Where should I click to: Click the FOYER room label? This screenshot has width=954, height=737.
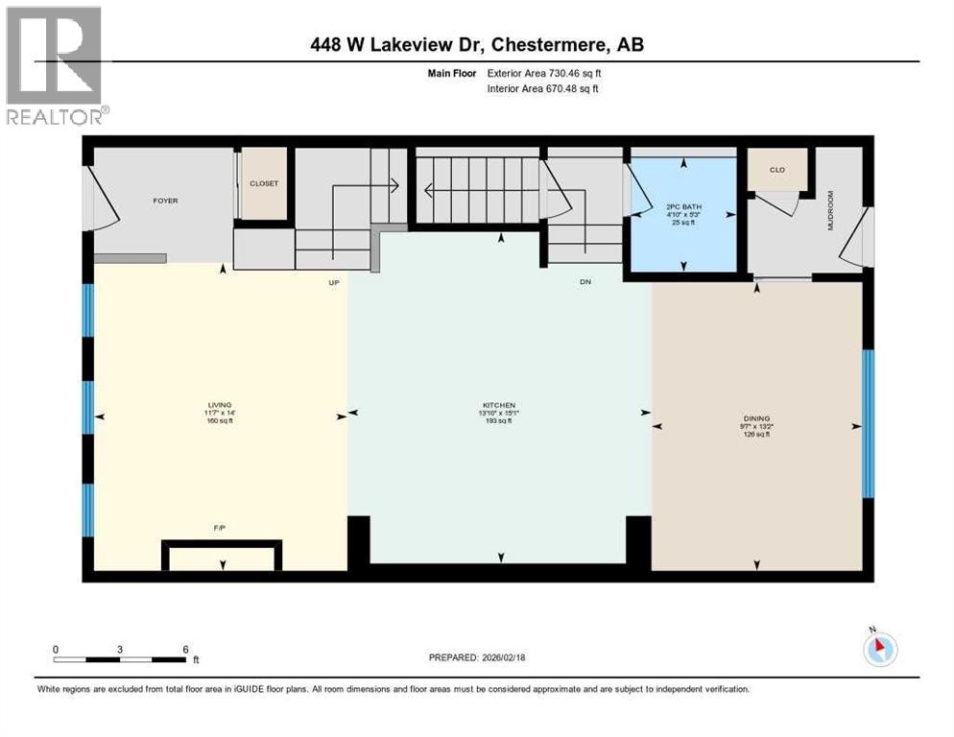165,201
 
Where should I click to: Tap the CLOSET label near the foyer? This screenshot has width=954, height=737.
263,182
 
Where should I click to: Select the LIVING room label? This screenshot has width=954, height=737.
221,405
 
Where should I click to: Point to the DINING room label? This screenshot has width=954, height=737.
756,418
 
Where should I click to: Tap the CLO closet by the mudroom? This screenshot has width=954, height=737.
777,170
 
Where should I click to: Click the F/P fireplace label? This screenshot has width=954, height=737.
220,529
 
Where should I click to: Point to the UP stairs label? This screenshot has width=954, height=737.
335,283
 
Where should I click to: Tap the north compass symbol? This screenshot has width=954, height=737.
879,649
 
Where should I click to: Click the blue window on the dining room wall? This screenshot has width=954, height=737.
868,423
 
